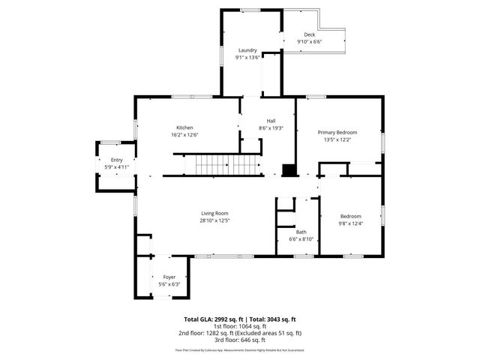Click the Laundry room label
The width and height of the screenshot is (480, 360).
click(247, 50)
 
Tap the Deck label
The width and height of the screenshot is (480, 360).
click(309, 35)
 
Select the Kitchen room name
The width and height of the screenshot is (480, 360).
click(185, 127)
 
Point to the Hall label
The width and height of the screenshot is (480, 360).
click(271, 121)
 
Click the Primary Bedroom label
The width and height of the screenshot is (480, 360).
click(337, 132)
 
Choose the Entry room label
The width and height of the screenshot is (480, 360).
click(116, 160)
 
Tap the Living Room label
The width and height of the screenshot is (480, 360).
click(214, 213)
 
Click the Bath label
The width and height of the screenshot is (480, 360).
click(301, 232)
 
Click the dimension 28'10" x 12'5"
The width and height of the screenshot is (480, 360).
click(214, 220)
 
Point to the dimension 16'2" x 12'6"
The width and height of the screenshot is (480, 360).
click(185, 134)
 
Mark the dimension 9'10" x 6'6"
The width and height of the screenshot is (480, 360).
click(309, 42)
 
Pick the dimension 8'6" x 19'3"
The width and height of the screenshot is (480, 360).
click(271, 128)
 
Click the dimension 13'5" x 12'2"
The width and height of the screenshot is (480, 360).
click(337, 139)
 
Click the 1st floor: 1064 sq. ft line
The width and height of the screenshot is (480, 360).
click(239, 326)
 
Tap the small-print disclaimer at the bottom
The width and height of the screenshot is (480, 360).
click(240, 349)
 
